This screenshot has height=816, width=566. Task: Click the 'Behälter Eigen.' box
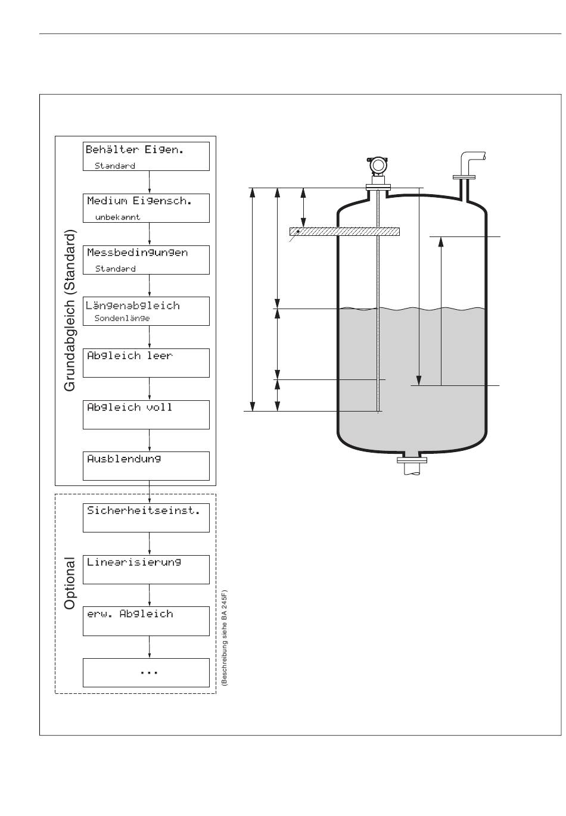coord(146,156)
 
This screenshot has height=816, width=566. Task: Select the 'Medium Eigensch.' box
coord(146,208)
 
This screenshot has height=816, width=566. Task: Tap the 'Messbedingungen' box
coord(146,260)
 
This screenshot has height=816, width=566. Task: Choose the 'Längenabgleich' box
coord(146,311)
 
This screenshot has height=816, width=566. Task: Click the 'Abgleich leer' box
coord(146,363)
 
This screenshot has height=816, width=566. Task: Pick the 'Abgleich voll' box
coord(146,415)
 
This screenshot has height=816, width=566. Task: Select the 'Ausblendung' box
coord(146,466)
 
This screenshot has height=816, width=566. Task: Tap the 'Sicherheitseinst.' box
coord(146,518)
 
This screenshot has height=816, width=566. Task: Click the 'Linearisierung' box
coord(146,569)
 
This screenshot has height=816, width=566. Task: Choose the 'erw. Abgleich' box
coord(146,621)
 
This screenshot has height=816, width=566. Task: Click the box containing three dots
coord(146,672)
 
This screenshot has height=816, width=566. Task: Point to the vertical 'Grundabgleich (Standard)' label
coord(70,310)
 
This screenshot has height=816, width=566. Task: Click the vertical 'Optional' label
coord(70,583)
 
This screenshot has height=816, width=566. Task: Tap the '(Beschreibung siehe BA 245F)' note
coord(224,639)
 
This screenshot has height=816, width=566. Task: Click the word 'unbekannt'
coord(117,217)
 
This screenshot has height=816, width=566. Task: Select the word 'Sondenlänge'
coord(122,319)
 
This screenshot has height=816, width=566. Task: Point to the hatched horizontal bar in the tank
coord(344,232)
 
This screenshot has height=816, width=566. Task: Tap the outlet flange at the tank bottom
coord(412,460)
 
